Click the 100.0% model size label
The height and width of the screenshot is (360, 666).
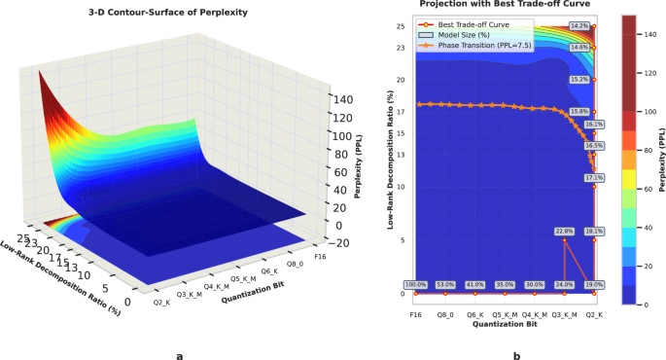(x=416, y=284)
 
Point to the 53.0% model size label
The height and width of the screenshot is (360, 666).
(x=446, y=284)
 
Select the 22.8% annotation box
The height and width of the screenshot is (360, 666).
(x=564, y=231)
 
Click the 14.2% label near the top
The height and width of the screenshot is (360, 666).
(x=579, y=24)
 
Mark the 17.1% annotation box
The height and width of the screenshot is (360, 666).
(x=594, y=178)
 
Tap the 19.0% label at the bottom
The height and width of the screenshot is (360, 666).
(x=594, y=284)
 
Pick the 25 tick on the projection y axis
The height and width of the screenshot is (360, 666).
(x=400, y=26)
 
